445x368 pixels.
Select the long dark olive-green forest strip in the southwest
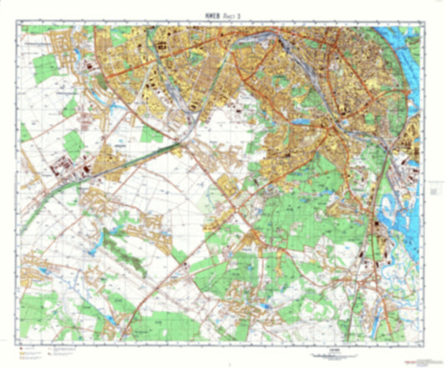(x=125, y=243)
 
